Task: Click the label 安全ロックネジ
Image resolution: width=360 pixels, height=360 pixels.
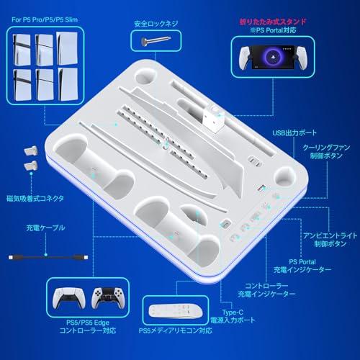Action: click(x=153, y=23)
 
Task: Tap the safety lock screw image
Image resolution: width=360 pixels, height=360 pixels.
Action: click(x=151, y=42)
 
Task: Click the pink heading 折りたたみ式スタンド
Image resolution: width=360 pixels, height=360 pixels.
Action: click(x=272, y=23)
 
